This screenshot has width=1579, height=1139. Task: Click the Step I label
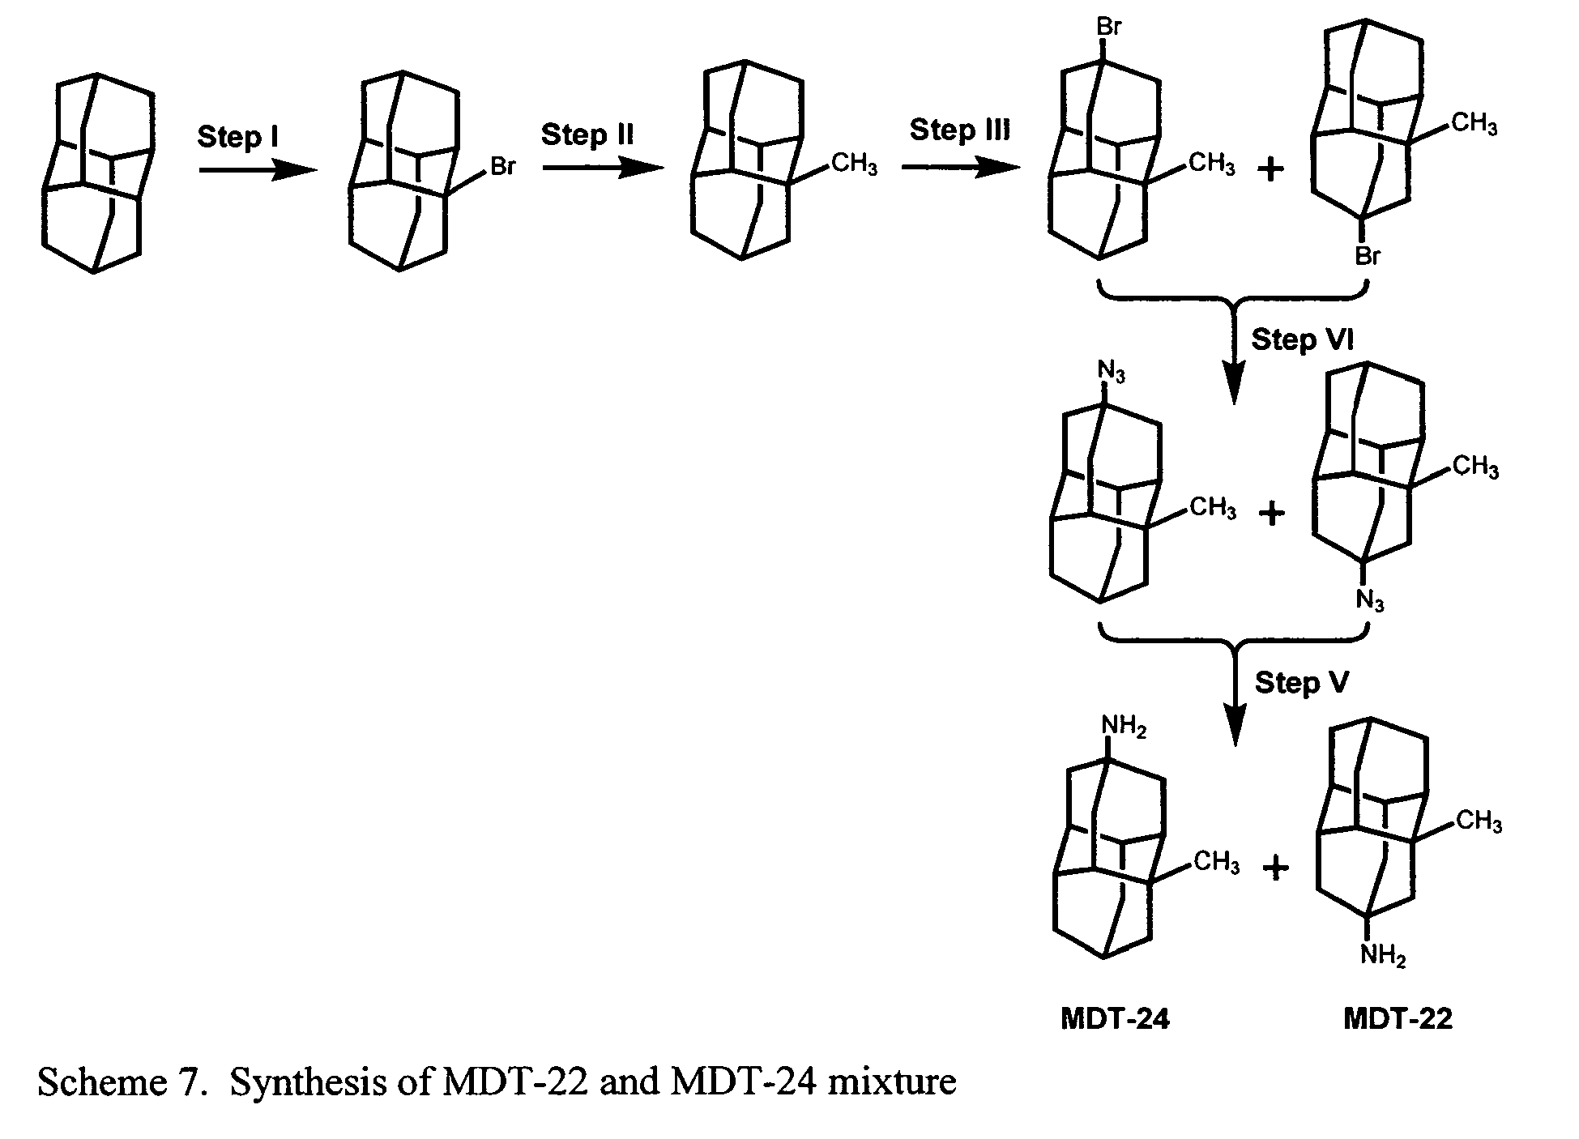pos(237,137)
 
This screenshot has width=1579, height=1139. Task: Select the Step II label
pos(587,134)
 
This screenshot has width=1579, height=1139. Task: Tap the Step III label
pos(960,130)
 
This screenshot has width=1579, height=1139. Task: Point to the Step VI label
pos(1302,339)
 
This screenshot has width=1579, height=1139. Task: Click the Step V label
pos(1302,682)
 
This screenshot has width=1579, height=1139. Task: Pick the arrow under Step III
pos(960,168)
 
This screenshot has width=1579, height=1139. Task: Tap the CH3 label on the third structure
pos(854,165)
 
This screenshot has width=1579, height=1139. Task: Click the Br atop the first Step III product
pos(1108,27)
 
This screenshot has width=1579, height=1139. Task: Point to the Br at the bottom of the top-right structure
pos(1368,257)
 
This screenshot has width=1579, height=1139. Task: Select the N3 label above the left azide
pos(1111,373)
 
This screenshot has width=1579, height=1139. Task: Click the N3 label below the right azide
pos(1370,602)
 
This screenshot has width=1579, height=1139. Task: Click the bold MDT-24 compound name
pos(1115,1018)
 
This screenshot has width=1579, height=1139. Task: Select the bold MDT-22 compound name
pos(1398,1018)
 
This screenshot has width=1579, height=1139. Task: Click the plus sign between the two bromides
pos(1270,171)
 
